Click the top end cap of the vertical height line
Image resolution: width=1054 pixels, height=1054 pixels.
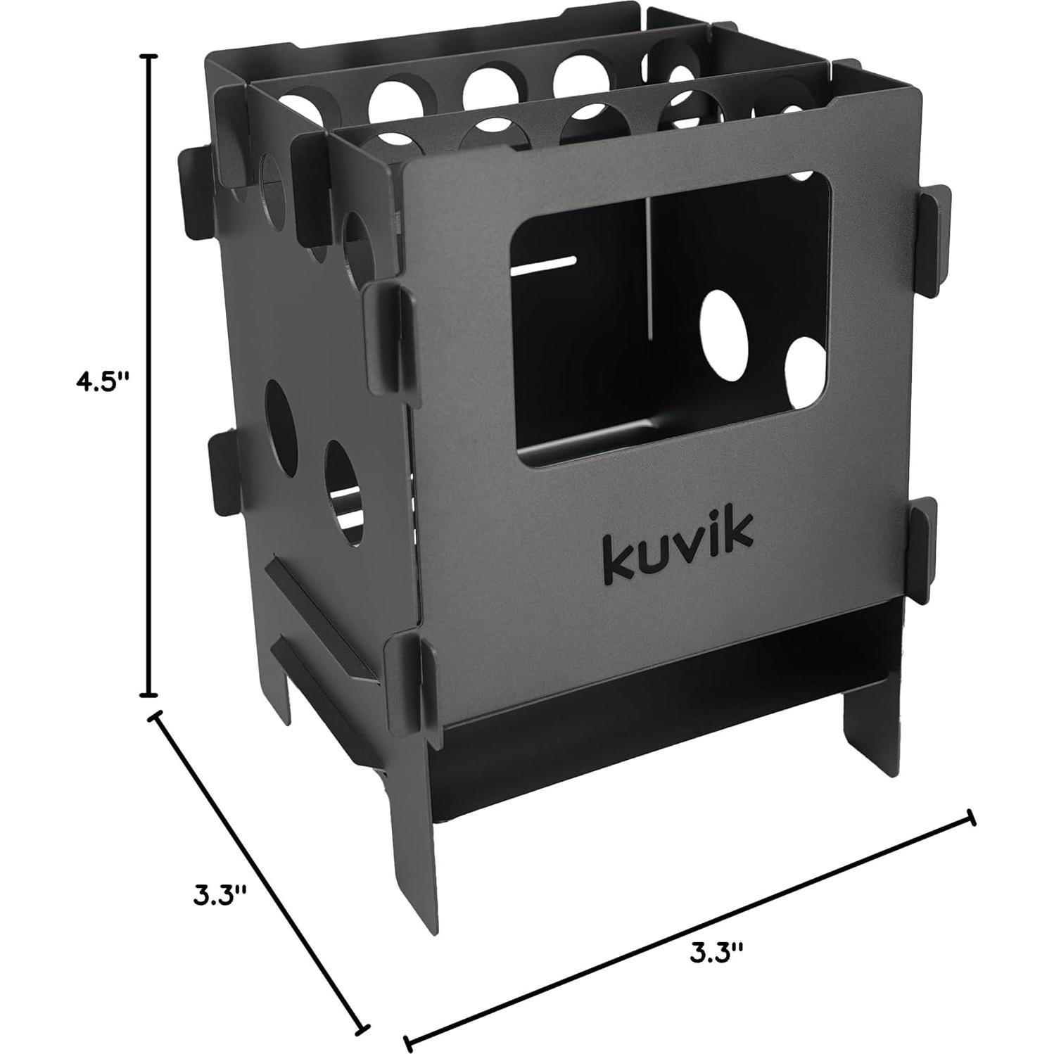coord(148,56)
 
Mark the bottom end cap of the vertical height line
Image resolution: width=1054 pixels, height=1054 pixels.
coord(148,694)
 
